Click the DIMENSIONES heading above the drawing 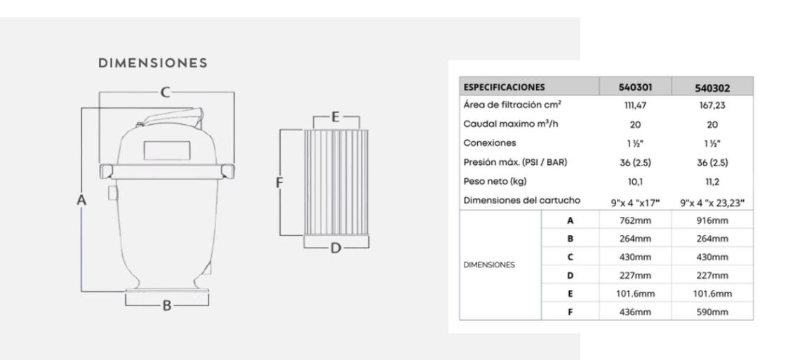point(152,63)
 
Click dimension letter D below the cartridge point(335,247)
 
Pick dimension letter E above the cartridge point(335,116)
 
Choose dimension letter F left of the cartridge point(279,182)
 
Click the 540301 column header point(635,88)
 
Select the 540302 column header point(712,88)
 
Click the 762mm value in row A point(635,220)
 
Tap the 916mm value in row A point(712,220)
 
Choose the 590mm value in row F point(712,310)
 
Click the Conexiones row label point(486,144)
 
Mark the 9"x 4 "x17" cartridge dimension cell point(635,203)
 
